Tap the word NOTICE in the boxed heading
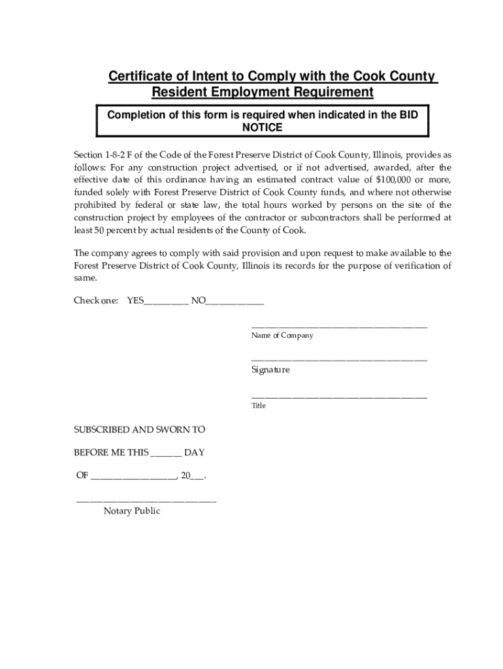click(263, 127)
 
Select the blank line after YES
click(167, 302)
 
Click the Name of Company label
click(282, 336)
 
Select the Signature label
click(270, 370)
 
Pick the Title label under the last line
click(259, 406)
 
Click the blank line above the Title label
click(339, 397)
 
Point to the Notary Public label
click(131, 512)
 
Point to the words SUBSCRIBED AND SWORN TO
click(139, 430)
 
